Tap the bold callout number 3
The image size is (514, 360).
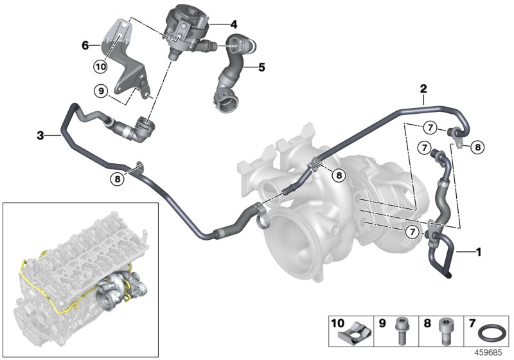40,135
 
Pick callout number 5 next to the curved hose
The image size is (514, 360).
261,66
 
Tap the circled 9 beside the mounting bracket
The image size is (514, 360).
101,92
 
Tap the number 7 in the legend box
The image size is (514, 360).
472,321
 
